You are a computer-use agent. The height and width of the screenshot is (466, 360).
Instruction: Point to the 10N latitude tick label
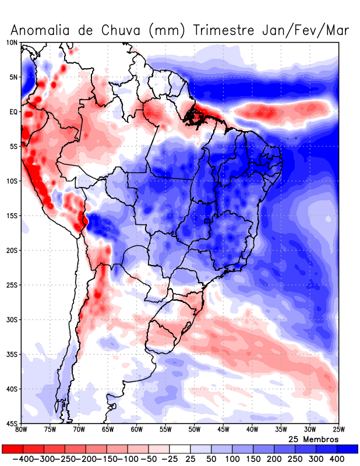[12, 43]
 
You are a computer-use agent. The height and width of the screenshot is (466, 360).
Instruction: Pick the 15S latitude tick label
[12, 216]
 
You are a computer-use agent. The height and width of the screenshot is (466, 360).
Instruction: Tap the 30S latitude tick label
[12, 319]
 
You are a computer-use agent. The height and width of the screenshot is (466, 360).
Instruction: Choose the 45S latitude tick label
[12, 423]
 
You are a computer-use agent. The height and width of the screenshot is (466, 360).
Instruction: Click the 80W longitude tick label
[22, 430]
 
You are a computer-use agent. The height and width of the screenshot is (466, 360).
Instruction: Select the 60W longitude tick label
[137, 430]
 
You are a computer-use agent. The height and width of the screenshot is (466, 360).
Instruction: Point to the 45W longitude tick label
[223, 430]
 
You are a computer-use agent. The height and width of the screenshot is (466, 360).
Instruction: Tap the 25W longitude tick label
[338, 430]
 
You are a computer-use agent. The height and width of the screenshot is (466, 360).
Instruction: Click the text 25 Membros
[313, 439]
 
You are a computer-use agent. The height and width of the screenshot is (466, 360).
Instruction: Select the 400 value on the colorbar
[337, 459]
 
